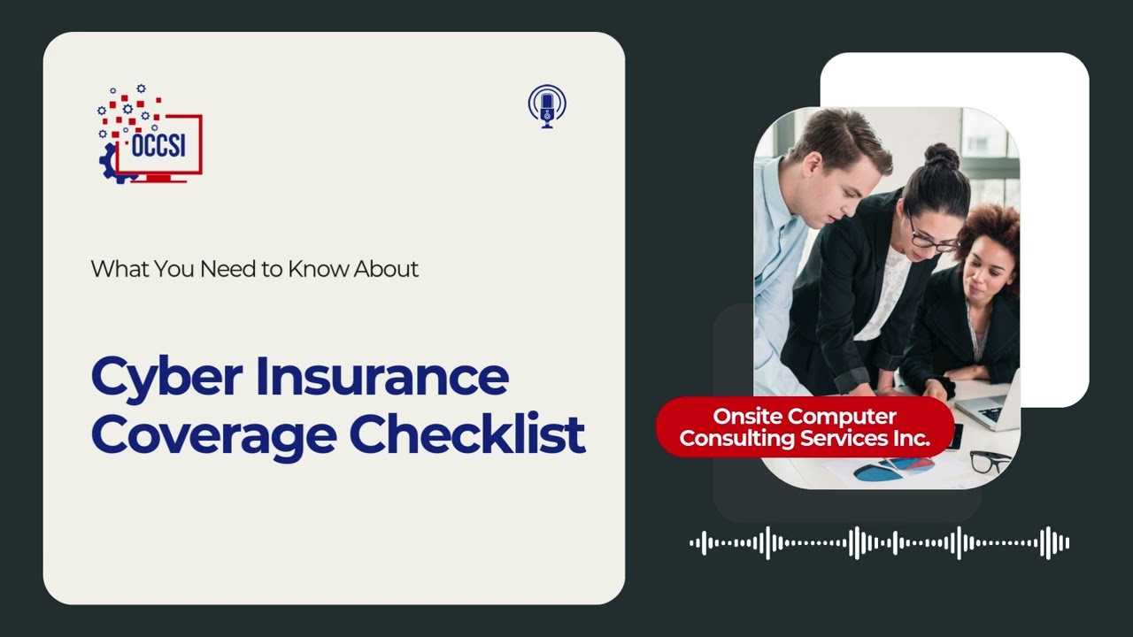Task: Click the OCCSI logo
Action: pyautogui.click(x=150, y=135)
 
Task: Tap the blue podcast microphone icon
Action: pyautogui.click(x=547, y=106)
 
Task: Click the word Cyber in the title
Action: pyautogui.click(x=166, y=378)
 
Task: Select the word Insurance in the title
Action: pyautogui.click(x=382, y=376)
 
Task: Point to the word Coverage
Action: pyautogui.click(x=212, y=434)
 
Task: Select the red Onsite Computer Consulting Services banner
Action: pyautogui.click(x=805, y=426)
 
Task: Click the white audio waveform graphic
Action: pyautogui.click(x=879, y=542)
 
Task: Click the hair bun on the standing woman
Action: pyautogui.click(x=941, y=156)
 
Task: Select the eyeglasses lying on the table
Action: pyautogui.click(x=990, y=460)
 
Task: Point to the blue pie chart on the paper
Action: pyautogui.click(x=880, y=472)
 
